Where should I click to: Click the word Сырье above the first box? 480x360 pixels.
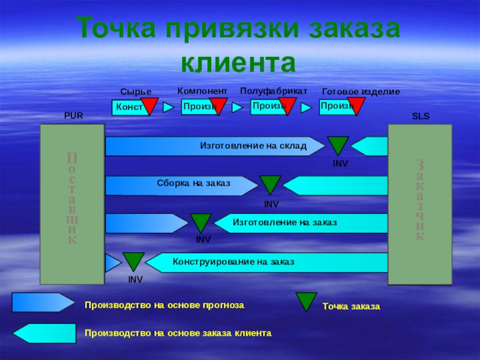[136, 91]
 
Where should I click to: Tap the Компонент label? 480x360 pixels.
[202, 91]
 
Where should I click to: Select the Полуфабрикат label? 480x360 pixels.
[274, 91]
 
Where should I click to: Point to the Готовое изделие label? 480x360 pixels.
[361, 91]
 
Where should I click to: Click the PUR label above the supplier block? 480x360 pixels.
[73, 116]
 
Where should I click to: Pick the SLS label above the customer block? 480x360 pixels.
[421, 116]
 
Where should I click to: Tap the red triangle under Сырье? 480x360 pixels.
[149, 106]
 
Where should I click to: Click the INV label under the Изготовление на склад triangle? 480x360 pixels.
[340, 163]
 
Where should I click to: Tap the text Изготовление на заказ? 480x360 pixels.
[284, 223]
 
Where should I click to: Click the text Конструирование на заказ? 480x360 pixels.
[233, 262]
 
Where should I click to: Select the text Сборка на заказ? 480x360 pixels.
[193, 184]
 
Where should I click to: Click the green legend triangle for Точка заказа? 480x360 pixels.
[308, 300]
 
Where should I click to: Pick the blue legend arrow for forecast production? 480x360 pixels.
[43, 303]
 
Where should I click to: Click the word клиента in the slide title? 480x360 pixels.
[239, 61]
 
